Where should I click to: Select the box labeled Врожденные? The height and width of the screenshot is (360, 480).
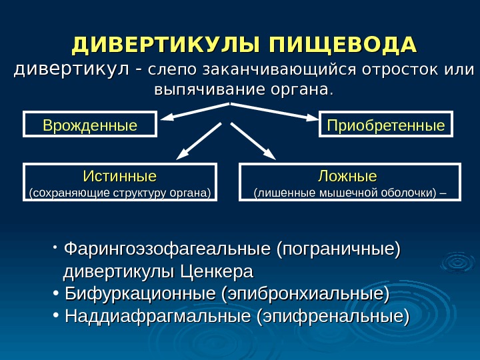90,125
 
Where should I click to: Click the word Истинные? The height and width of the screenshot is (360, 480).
119,176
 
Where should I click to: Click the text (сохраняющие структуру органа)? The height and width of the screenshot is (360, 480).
120,194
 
